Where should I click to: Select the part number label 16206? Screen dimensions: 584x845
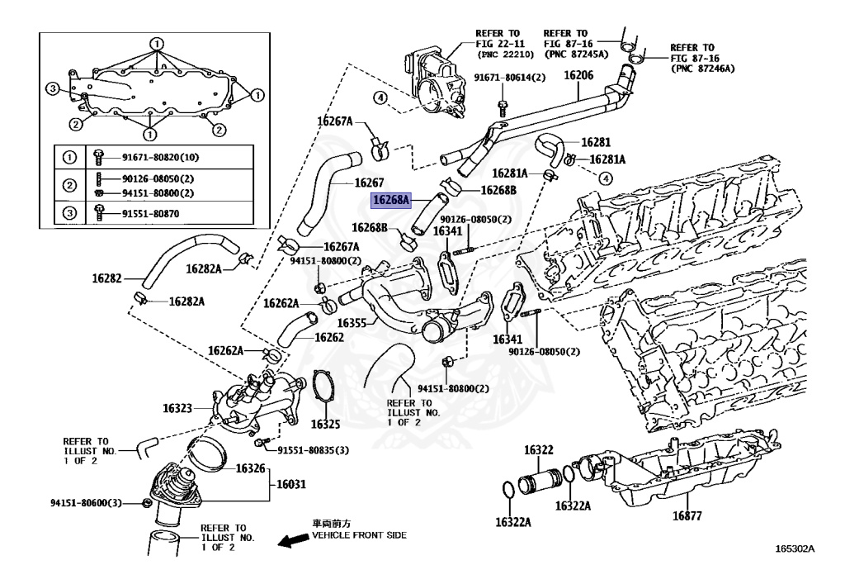(x=578, y=75)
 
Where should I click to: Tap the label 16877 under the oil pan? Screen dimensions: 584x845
(x=686, y=516)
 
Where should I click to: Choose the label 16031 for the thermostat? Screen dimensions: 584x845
(x=289, y=486)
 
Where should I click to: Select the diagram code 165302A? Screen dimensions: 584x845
(x=795, y=548)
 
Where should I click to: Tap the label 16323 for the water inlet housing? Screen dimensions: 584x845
(x=177, y=408)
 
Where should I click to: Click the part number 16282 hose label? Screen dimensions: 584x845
(x=107, y=279)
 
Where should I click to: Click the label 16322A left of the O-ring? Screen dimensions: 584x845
(x=513, y=522)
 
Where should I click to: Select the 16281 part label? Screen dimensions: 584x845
(x=595, y=141)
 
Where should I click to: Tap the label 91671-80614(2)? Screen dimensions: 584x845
(x=509, y=78)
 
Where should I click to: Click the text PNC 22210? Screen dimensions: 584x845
(x=506, y=54)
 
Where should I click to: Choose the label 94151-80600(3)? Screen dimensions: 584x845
(x=86, y=503)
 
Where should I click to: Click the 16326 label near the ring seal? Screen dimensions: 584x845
(x=250, y=468)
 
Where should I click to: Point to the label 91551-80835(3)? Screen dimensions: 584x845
(x=313, y=450)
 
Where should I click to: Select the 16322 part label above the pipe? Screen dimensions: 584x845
(x=538, y=450)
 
